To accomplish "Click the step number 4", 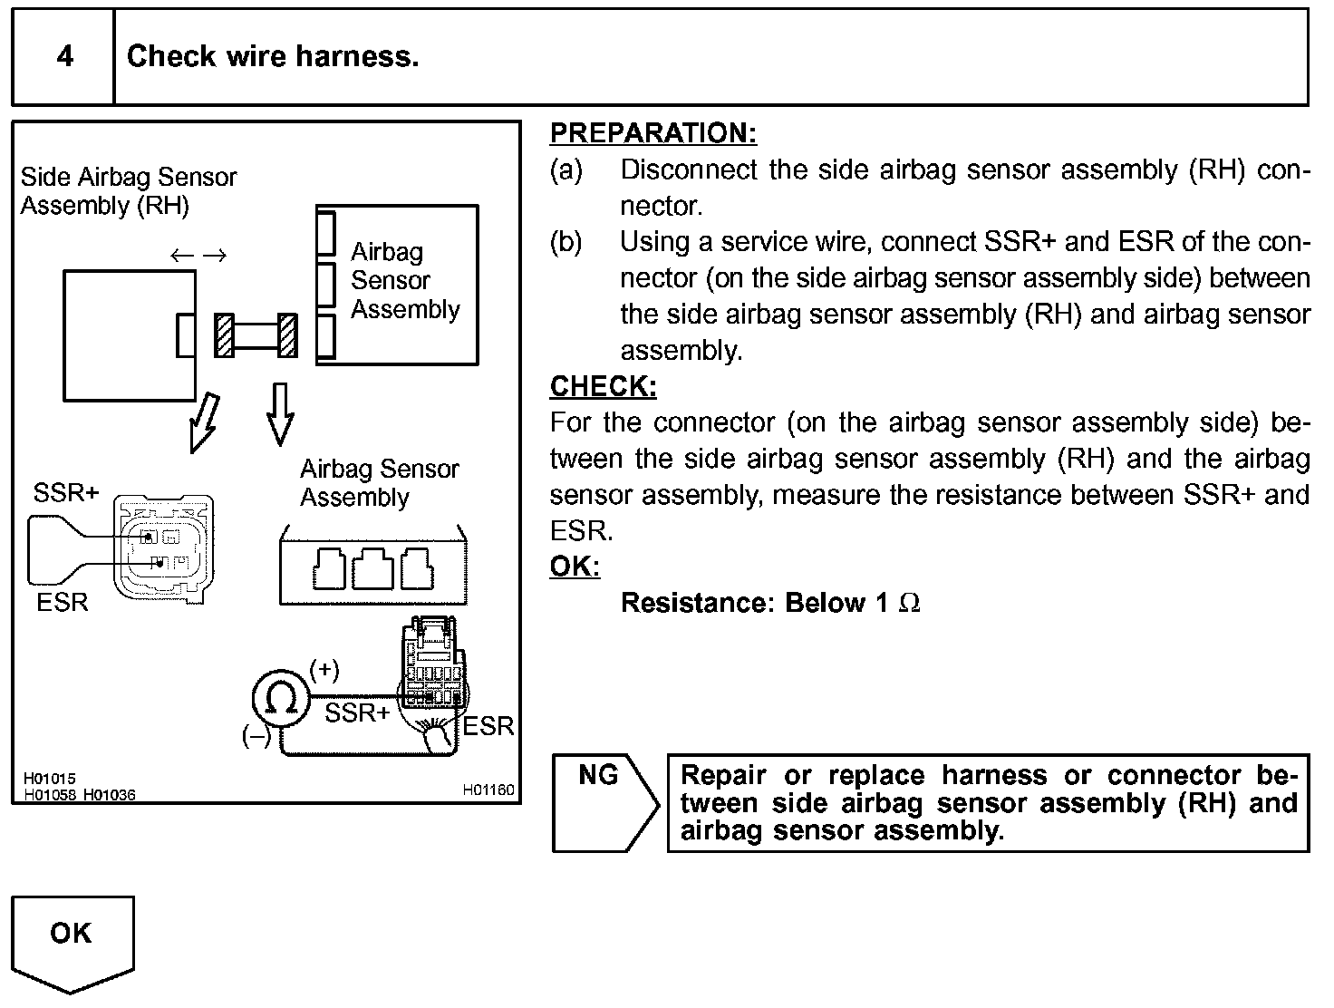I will [64, 57].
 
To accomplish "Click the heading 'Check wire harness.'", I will [272, 57].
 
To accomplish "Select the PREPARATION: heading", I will [652, 133].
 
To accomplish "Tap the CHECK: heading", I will [603, 386].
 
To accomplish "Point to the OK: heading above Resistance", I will [575, 567].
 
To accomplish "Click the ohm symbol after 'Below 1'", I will [909, 604].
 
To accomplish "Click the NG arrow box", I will [604, 801].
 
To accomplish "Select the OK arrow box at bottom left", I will [72, 943].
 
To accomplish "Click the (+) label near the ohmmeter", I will [324, 670].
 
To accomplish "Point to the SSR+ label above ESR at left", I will [66, 493].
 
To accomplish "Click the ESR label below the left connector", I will [63, 603].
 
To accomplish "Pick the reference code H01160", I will [488, 790].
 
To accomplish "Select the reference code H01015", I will [50, 779].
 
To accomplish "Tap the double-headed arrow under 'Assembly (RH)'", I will [198, 256].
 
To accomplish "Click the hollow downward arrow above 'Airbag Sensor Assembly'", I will [280, 413].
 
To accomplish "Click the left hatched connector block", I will [224, 335].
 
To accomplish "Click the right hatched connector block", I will [287, 335].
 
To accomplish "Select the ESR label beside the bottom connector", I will [488, 727].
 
